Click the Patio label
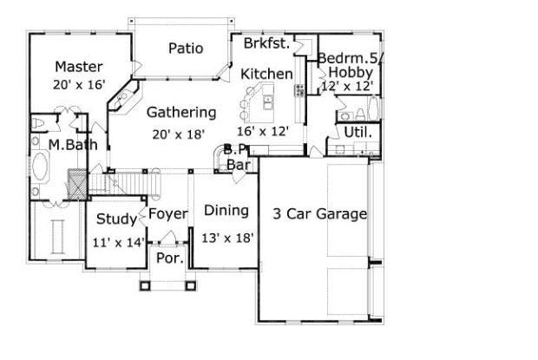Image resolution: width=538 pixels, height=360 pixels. [x=186, y=49]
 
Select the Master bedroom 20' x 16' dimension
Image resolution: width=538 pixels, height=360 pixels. [x=79, y=85]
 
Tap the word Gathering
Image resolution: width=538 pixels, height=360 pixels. [x=181, y=113]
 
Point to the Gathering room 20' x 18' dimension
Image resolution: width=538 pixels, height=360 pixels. [x=179, y=134]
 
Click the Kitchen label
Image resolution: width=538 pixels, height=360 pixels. [x=266, y=74]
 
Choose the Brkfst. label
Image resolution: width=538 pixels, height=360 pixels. [x=267, y=43]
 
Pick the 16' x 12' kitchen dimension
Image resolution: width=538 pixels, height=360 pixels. [x=263, y=131]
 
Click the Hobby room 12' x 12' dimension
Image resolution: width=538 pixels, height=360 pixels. [x=347, y=86]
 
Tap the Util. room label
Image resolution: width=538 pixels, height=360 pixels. [x=358, y=132]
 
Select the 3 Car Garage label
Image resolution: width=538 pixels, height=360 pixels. [x=320, y=214]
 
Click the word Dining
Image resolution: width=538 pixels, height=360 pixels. [x=226, y=211]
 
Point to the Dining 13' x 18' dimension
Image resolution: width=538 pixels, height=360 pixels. [x=227, y=238]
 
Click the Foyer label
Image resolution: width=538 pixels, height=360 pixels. [x=168, y=214]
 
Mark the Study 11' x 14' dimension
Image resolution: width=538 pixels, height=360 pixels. [x=119, y=243]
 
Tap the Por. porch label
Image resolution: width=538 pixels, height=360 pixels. [x=170, y=259]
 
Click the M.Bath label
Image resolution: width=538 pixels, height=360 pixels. [x=73, y=145]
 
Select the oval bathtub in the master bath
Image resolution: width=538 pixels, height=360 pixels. [x=40, y=167]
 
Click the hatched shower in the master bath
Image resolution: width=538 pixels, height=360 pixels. [x=77, y=184]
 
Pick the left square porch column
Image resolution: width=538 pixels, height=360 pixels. [x=145, y=285]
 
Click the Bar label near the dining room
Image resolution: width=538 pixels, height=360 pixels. [x=238, y=165]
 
